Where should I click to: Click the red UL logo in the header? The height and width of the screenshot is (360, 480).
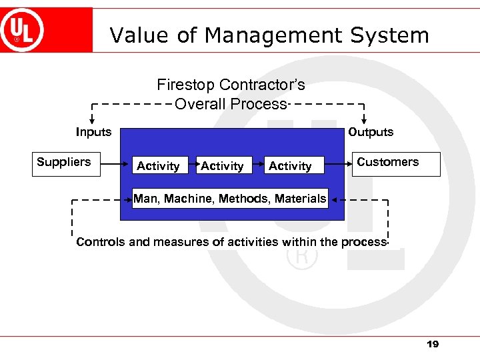point(23,30)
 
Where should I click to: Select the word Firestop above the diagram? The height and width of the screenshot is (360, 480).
point(186,85)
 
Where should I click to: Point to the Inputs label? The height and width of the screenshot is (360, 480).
point(93,132)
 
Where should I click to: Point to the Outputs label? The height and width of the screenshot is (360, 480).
point(371,132)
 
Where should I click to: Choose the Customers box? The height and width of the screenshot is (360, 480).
point(397,163)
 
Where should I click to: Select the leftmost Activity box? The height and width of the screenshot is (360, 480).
point(158,165)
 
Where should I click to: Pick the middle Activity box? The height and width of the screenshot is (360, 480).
point(222,165)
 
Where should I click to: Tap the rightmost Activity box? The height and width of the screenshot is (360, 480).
point(290,165)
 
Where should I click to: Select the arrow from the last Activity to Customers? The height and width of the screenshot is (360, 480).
point(339,163)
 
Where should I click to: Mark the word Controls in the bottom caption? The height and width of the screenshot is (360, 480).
point(100,242)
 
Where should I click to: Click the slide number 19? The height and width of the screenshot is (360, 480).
point(433,344)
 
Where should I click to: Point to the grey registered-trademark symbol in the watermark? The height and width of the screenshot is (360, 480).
point(301,257)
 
